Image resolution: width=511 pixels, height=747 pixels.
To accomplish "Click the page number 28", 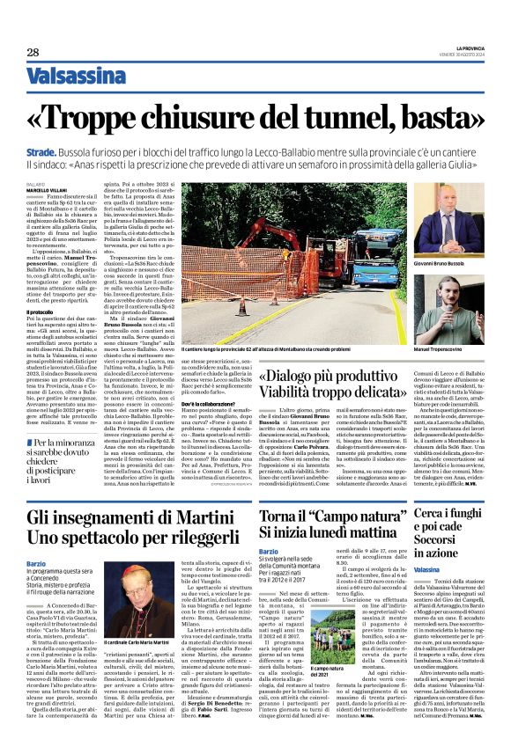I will point(33,53).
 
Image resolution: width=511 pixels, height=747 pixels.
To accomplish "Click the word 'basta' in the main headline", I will point(441,116).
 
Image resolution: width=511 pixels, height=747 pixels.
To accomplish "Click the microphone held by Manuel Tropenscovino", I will point(440,334).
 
